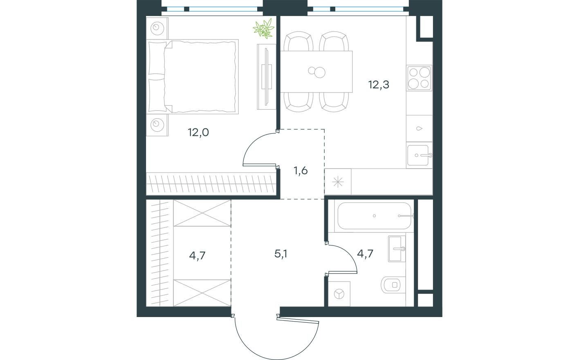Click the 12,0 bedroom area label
pyautogui.click(x=198, y=132)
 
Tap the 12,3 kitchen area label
pyautogui.click(x=378, y=85)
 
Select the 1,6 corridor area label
pyautogui.click(x=301, y=171)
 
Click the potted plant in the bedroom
pyautogui.click(x=263, y=29)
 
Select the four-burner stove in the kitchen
pyautogui.click(x=419, y=78)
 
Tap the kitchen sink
pyautogui.click(x=418, y=155)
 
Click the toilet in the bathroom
pyautogui.click(x=392, y=284)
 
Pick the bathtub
pyautogui.click(x=374, y=216)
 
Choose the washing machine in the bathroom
pyautogui.click(x=339, y=294)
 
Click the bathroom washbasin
pyautogui.click(x=395, y=248)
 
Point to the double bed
pyautogui.click(x=193, y=76)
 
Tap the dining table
pyautogui.click(x=316, y=72)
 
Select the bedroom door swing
pyautogui.click(x=258, y=149)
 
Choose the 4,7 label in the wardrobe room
pyautogui.click(x=197, y=256)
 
